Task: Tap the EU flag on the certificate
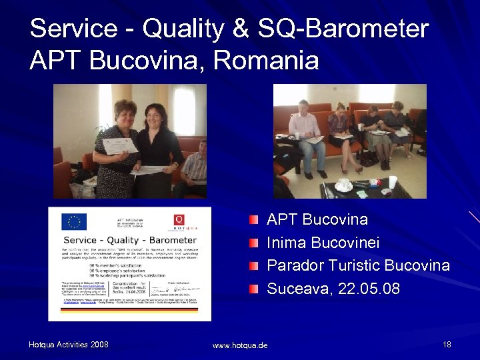[74, 221]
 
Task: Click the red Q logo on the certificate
[179, 219]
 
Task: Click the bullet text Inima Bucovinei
[323, 243]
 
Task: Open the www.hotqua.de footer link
[240, 345]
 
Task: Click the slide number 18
[447, 345]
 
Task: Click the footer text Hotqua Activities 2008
[69, 345]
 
